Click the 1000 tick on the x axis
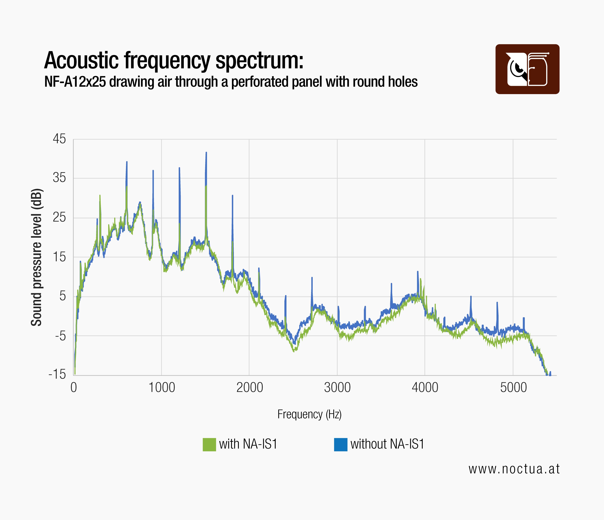[x=162, y=388]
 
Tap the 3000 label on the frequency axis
[x=337, y=388]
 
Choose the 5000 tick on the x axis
[x=513, y=388]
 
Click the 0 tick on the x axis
[x=74, y=388]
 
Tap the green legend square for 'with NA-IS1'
[x=209, y=445]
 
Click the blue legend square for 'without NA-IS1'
[x=340, y=445]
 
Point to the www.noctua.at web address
[x=514, y=469]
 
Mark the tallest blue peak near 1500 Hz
[x=206, y=153]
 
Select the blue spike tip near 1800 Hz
[x=232, y=196]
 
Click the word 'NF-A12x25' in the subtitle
[x=75, y=82]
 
